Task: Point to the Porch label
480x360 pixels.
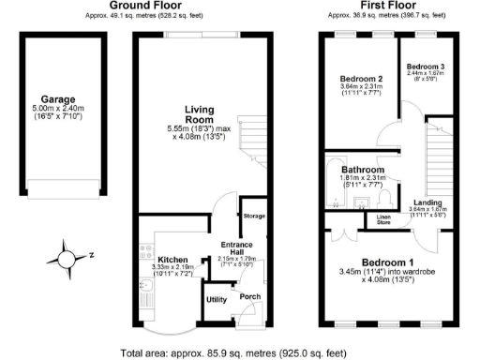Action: (250, 297)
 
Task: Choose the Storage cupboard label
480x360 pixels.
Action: (254, 217)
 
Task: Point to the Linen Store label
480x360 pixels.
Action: (383, 220)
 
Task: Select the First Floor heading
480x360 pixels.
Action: (387, 7)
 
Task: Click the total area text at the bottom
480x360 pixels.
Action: (239, 353)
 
